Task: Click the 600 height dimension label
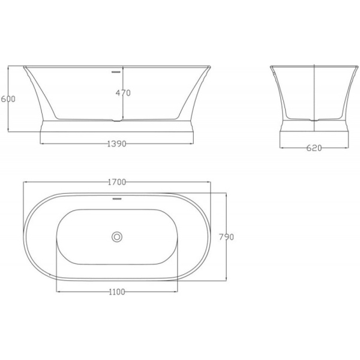pos(8,98)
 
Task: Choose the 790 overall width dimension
pos(226,237)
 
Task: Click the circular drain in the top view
pos(117,236)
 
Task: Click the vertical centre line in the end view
pos(314,90)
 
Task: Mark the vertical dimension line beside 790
pos(225,258)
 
